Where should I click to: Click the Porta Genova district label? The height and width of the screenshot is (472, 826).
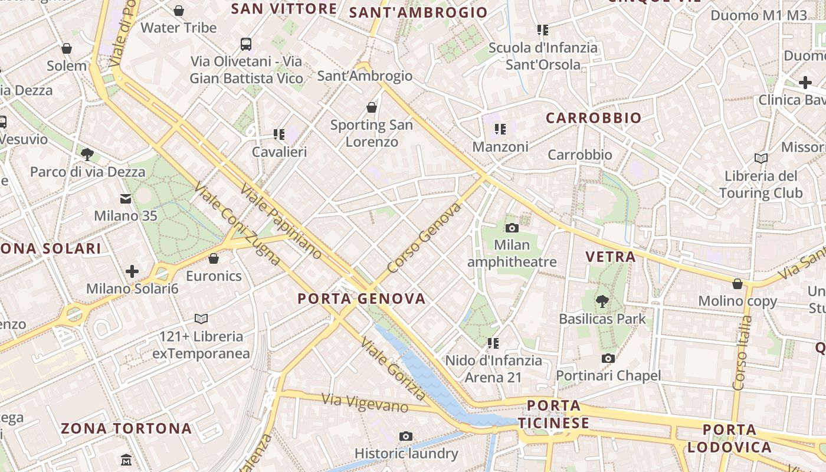coord(361,299)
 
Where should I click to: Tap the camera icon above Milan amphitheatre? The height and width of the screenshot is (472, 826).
coord(512,228)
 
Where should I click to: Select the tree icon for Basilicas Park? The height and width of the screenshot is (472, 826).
coord(602,301)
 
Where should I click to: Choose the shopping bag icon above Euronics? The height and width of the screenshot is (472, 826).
coord(214,258)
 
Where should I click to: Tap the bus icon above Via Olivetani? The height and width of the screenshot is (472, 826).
coord(246,44)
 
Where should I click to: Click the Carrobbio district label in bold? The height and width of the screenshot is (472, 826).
coord(594,118)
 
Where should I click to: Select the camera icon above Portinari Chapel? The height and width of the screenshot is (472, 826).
coord(608,358)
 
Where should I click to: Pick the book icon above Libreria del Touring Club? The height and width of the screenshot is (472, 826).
coord(761,158)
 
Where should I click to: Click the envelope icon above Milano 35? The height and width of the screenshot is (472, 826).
coord(126,199)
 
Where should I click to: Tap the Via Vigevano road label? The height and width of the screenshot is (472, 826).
coord(365,403)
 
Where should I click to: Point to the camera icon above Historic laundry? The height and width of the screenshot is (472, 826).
coord(406,436)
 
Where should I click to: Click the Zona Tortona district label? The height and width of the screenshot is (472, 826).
coord(126,428)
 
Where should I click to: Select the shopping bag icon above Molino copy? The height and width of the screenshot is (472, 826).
coord(737,284)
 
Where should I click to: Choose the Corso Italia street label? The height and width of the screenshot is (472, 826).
coord(742,353)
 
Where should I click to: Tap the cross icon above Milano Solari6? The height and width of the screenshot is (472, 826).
coord(132,271)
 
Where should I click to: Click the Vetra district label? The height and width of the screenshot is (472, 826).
coord(611,257)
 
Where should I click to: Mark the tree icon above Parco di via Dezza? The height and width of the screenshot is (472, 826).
coord(87,155)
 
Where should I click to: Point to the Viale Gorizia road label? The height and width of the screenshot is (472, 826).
coord(392,368)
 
